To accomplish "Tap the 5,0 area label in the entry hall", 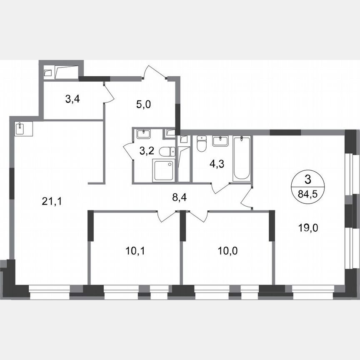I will (x=142, y=103).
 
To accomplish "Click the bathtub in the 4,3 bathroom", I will (x=241, y=158).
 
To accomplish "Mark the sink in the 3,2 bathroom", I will (x=144, y=134).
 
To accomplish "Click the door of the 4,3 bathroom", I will (x=220, y=188).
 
